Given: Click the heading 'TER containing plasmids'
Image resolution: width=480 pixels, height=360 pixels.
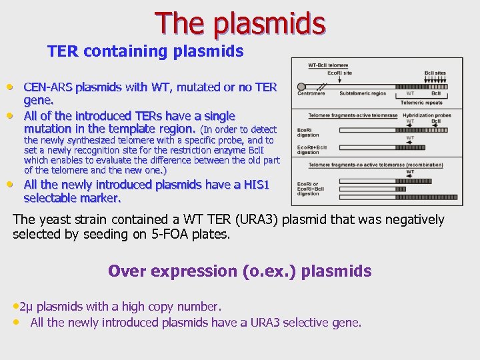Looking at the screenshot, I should coord(145,51).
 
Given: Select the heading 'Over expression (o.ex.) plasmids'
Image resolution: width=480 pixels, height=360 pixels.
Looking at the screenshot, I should coord(239,271).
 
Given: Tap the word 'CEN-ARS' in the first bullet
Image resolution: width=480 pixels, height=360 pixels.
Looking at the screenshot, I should coord(48,87).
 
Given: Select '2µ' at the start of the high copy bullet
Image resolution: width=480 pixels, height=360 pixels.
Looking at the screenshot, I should coord(27,307).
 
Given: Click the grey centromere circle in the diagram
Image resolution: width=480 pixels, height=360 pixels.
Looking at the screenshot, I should coord(301,86).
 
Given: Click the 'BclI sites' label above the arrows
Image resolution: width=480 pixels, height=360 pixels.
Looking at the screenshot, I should coord(435,73).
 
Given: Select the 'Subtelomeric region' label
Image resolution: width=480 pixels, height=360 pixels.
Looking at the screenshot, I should coord(363,94).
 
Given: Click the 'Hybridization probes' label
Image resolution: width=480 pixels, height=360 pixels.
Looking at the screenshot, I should coord(427,115).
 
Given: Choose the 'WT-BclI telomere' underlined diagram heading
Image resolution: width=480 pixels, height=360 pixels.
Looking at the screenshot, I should coord(327,65).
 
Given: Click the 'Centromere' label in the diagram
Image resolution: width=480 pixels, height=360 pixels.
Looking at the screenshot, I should coord(311,94).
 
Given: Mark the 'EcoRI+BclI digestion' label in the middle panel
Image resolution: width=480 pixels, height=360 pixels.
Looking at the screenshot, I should coord(311,149).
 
